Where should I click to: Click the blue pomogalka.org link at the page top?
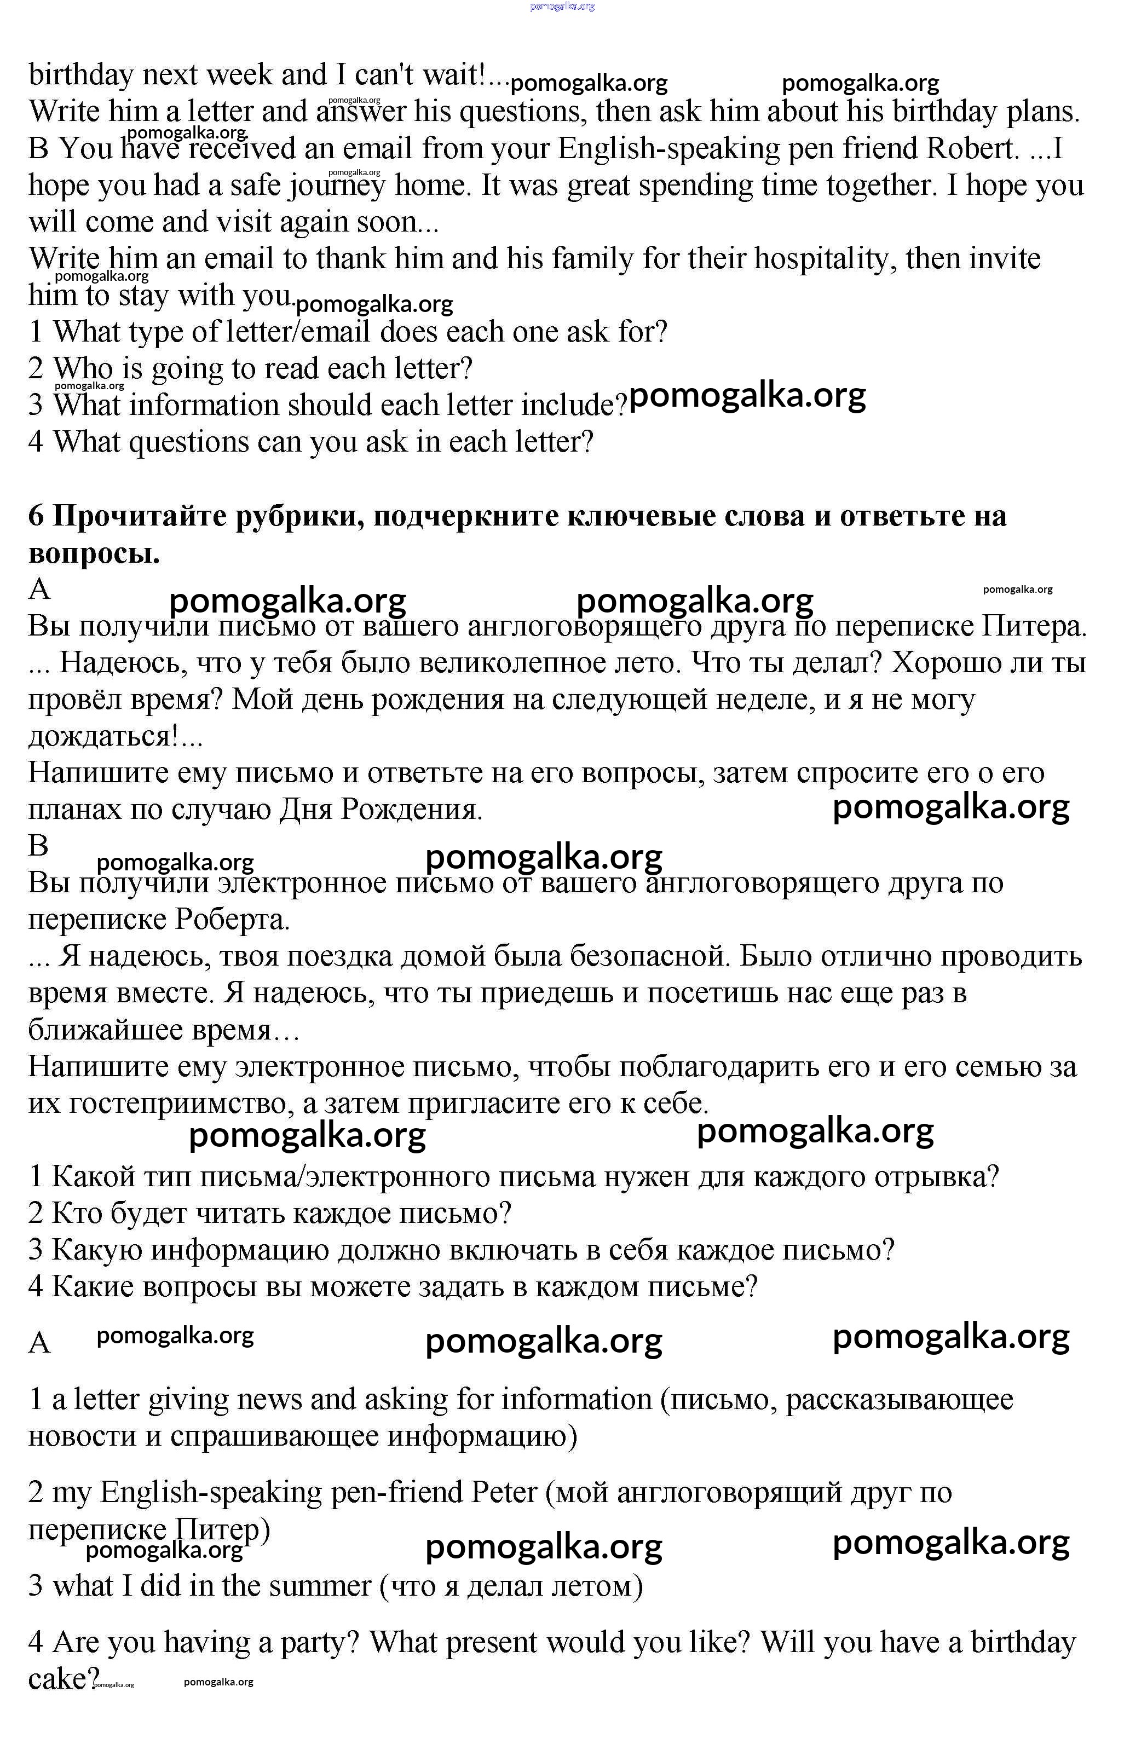pos(562,6)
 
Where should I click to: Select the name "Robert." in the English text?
pos(972,149)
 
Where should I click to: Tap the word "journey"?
pos(337,186)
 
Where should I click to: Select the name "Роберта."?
pos(232,921)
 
